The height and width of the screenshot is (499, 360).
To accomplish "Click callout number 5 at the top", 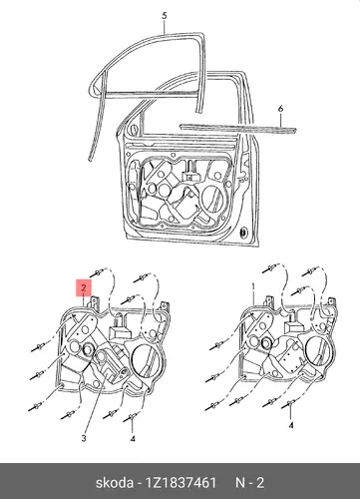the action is click(165, 16).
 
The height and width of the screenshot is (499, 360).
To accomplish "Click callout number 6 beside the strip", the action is click(280, 109).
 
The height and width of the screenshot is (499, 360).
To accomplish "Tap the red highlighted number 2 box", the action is click(84, 287).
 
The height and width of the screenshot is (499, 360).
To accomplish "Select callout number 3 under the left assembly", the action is click(84, 438).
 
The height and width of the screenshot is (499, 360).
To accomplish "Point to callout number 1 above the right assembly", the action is click(253, 287).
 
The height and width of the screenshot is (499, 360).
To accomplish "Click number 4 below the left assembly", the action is click(133, 439).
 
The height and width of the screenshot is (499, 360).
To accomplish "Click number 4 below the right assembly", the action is click(291, 425).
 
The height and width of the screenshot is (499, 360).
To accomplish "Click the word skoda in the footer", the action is click(115, 483).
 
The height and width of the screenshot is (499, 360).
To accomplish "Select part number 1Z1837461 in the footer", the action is click(179, 483).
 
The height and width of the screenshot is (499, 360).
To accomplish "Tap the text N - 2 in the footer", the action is click(250, 483).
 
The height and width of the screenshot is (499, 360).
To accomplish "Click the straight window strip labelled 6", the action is click(237, 129).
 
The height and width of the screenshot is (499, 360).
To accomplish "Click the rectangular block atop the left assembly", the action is click(120, 332).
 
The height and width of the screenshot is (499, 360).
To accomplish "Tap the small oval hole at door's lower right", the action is click(244, 232).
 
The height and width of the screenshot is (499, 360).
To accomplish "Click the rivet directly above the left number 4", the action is click(131, 417).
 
